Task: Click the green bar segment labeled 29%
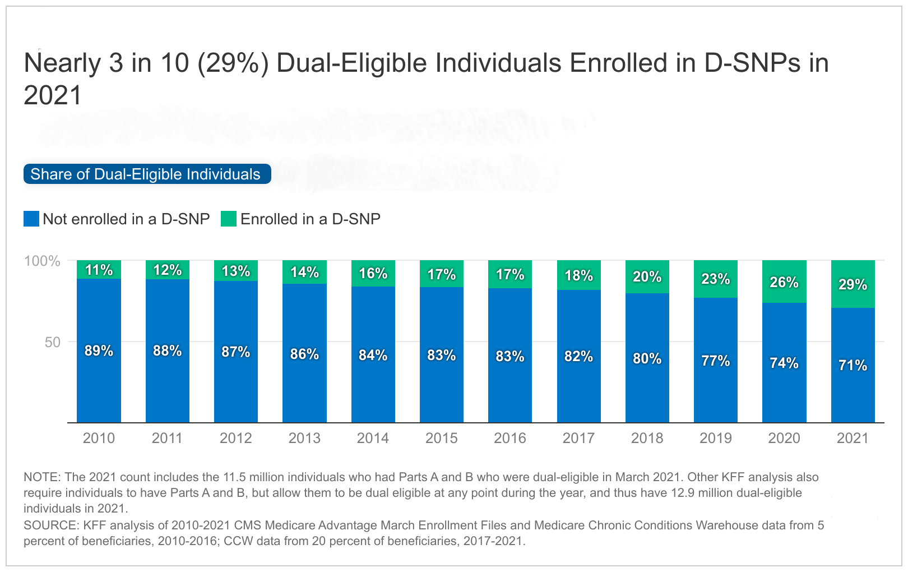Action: [x=853, y=284]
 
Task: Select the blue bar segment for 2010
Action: [x=99, y=381]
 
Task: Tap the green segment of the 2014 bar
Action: [x=373, y=273]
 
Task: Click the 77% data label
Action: [x=716, y=361]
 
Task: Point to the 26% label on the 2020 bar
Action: [x=784, y=282]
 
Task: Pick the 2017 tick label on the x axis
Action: [x=578, y=438]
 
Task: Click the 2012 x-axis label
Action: [x=235, y=438]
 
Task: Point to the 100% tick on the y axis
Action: [x=42, y=261]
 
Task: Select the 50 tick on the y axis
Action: [x=52, y=342]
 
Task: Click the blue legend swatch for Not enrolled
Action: [x=31, y=219]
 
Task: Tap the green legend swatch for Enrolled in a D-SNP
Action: [x=229, y=219]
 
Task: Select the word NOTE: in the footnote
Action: [x=42, y=477]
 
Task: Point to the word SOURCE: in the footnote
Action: [x=51, y=525]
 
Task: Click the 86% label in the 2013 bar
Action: [x=304, y=354]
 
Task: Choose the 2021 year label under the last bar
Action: [x=853, y=438]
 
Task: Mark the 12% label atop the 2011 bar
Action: [x=167, y=270]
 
